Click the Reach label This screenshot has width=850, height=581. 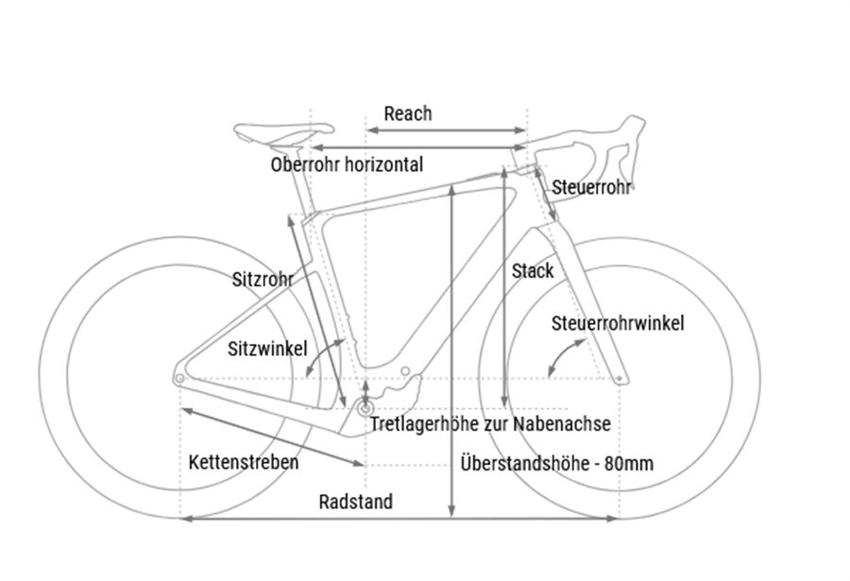coord(407,113)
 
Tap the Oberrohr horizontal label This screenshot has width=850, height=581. coord(346,164)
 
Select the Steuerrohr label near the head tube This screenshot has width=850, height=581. coord(591,186)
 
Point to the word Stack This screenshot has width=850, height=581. coord(533,271)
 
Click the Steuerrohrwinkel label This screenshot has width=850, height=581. coord(618,323)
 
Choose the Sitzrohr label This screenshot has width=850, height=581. coord(262,279)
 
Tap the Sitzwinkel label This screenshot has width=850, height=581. coord(267,348)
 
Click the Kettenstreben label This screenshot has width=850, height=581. coord(243,462)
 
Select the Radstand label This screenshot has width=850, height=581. coord(355,502)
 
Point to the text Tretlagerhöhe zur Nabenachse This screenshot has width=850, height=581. coord(489,424)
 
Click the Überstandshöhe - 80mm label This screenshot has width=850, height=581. coord(557,464)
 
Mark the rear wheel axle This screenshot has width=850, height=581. coord(179,378)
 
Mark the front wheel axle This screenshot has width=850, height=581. coord(619,379)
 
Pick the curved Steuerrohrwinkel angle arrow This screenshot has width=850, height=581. coord(565,356)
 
